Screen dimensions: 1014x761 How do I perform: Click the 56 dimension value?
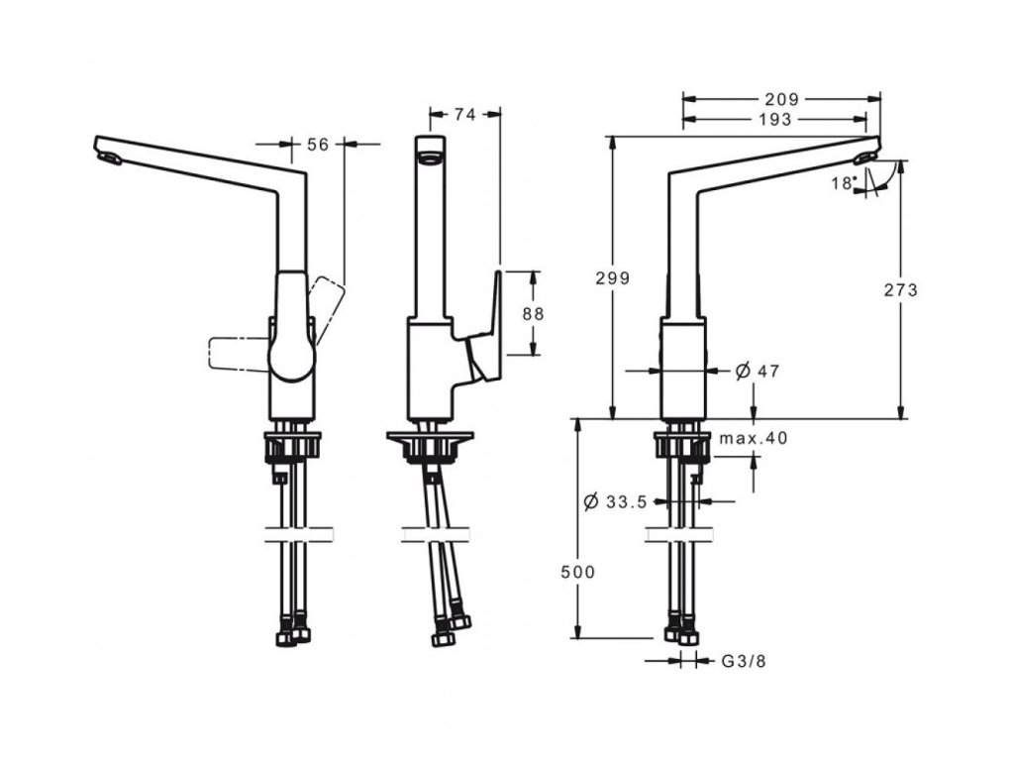click(x=317, y=145)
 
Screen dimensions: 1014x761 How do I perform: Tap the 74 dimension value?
click(x=463, y=115)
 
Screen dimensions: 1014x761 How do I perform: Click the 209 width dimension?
click(x=781, y=99)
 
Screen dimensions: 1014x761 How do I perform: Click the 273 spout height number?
click(x=902, y=290)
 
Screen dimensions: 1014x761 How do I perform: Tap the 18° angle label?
click(x=843, y=182)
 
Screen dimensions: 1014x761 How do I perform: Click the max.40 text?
click(x=754, y=438)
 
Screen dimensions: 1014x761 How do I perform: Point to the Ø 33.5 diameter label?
click(x=616, y=501)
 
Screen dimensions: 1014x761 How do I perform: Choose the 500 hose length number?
click(x=577, y=573)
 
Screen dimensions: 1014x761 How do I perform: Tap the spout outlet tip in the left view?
click(x=108, y=157)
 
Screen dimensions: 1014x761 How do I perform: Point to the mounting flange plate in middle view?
click(x=429, y=436)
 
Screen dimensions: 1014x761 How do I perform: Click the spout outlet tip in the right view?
click(x=866, y=157)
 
